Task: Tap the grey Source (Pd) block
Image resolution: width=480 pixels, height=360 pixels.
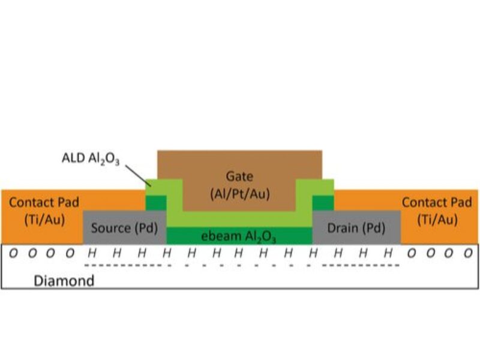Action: pos(124,228)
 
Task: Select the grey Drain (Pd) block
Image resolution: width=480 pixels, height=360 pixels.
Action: pos(356,228)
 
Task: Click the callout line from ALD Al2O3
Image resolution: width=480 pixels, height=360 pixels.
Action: pos(137,175)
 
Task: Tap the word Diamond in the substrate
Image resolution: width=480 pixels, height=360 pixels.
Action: pos(64,280)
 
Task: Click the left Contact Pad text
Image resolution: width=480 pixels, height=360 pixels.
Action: pos(44,202)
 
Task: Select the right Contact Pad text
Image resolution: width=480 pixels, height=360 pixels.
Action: pos(437,202)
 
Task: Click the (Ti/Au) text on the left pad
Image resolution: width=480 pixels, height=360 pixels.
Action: pos(44,220)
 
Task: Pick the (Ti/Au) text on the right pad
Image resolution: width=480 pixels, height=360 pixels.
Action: pos(437,220)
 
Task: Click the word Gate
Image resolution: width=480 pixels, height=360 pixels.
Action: pos(239,176)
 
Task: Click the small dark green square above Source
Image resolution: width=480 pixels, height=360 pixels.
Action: pos(157,202)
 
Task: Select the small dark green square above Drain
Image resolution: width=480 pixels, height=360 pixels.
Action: pos(323,202)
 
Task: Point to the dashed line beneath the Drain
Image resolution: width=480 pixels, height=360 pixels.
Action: pos(360,265)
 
